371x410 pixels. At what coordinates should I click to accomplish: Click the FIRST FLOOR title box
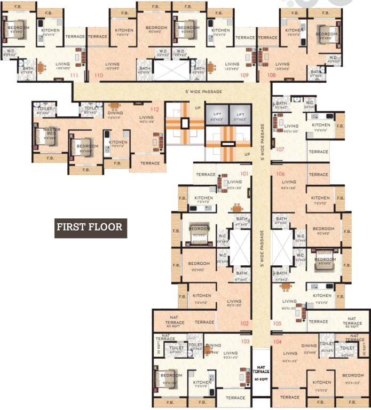pos(90,227)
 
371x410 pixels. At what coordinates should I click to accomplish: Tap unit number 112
pos(155,109)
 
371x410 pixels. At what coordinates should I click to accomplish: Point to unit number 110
pos(98,76)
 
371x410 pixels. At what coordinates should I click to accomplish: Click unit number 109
pos(244,76)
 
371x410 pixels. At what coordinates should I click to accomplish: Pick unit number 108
pos(272,76)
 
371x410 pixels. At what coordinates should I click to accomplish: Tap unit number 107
pos(280,149)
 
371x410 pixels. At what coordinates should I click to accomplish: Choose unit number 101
pos(244,174)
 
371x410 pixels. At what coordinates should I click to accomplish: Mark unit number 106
pos(281,174)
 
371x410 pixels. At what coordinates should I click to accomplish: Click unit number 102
pos(244,323)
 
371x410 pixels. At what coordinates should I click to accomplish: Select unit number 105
pos(277,323)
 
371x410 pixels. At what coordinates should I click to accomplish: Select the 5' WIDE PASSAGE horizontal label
pos(203,92)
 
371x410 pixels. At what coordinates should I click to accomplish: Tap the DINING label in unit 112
pos(115,113)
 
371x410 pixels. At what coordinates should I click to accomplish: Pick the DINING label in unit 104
pos(309,345)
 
